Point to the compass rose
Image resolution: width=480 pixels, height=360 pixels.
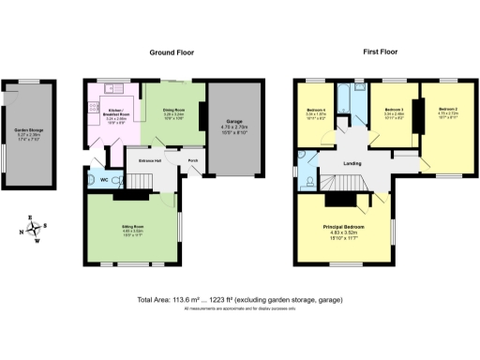point(31,231)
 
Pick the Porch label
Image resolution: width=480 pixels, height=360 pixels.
point(193,160)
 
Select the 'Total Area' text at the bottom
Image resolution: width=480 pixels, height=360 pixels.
point(239,299)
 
